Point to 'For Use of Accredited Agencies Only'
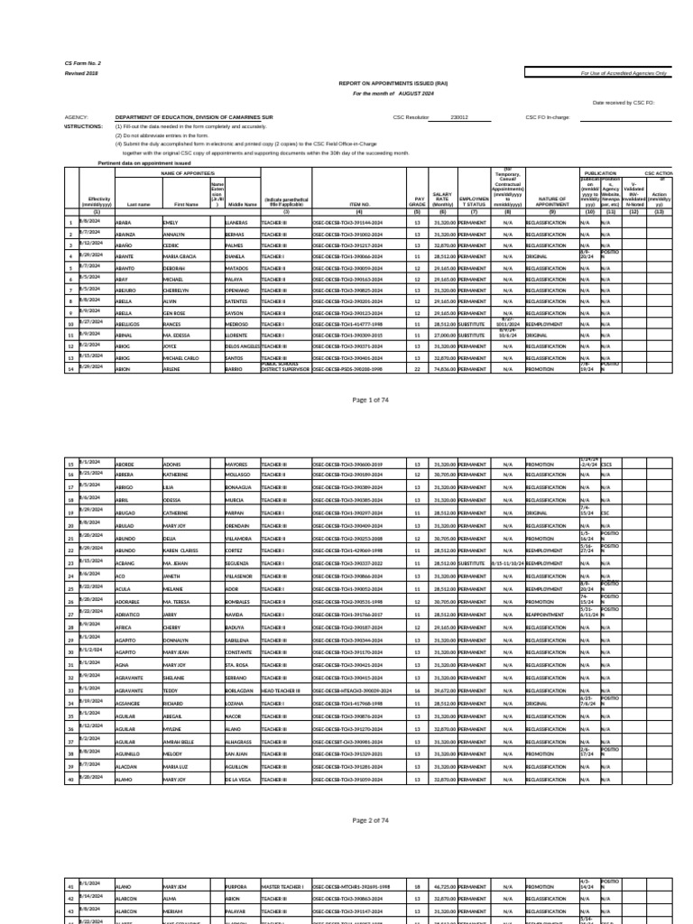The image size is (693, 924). click(x=624, y=73)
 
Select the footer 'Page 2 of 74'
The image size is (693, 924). click(x=373, y=820)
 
